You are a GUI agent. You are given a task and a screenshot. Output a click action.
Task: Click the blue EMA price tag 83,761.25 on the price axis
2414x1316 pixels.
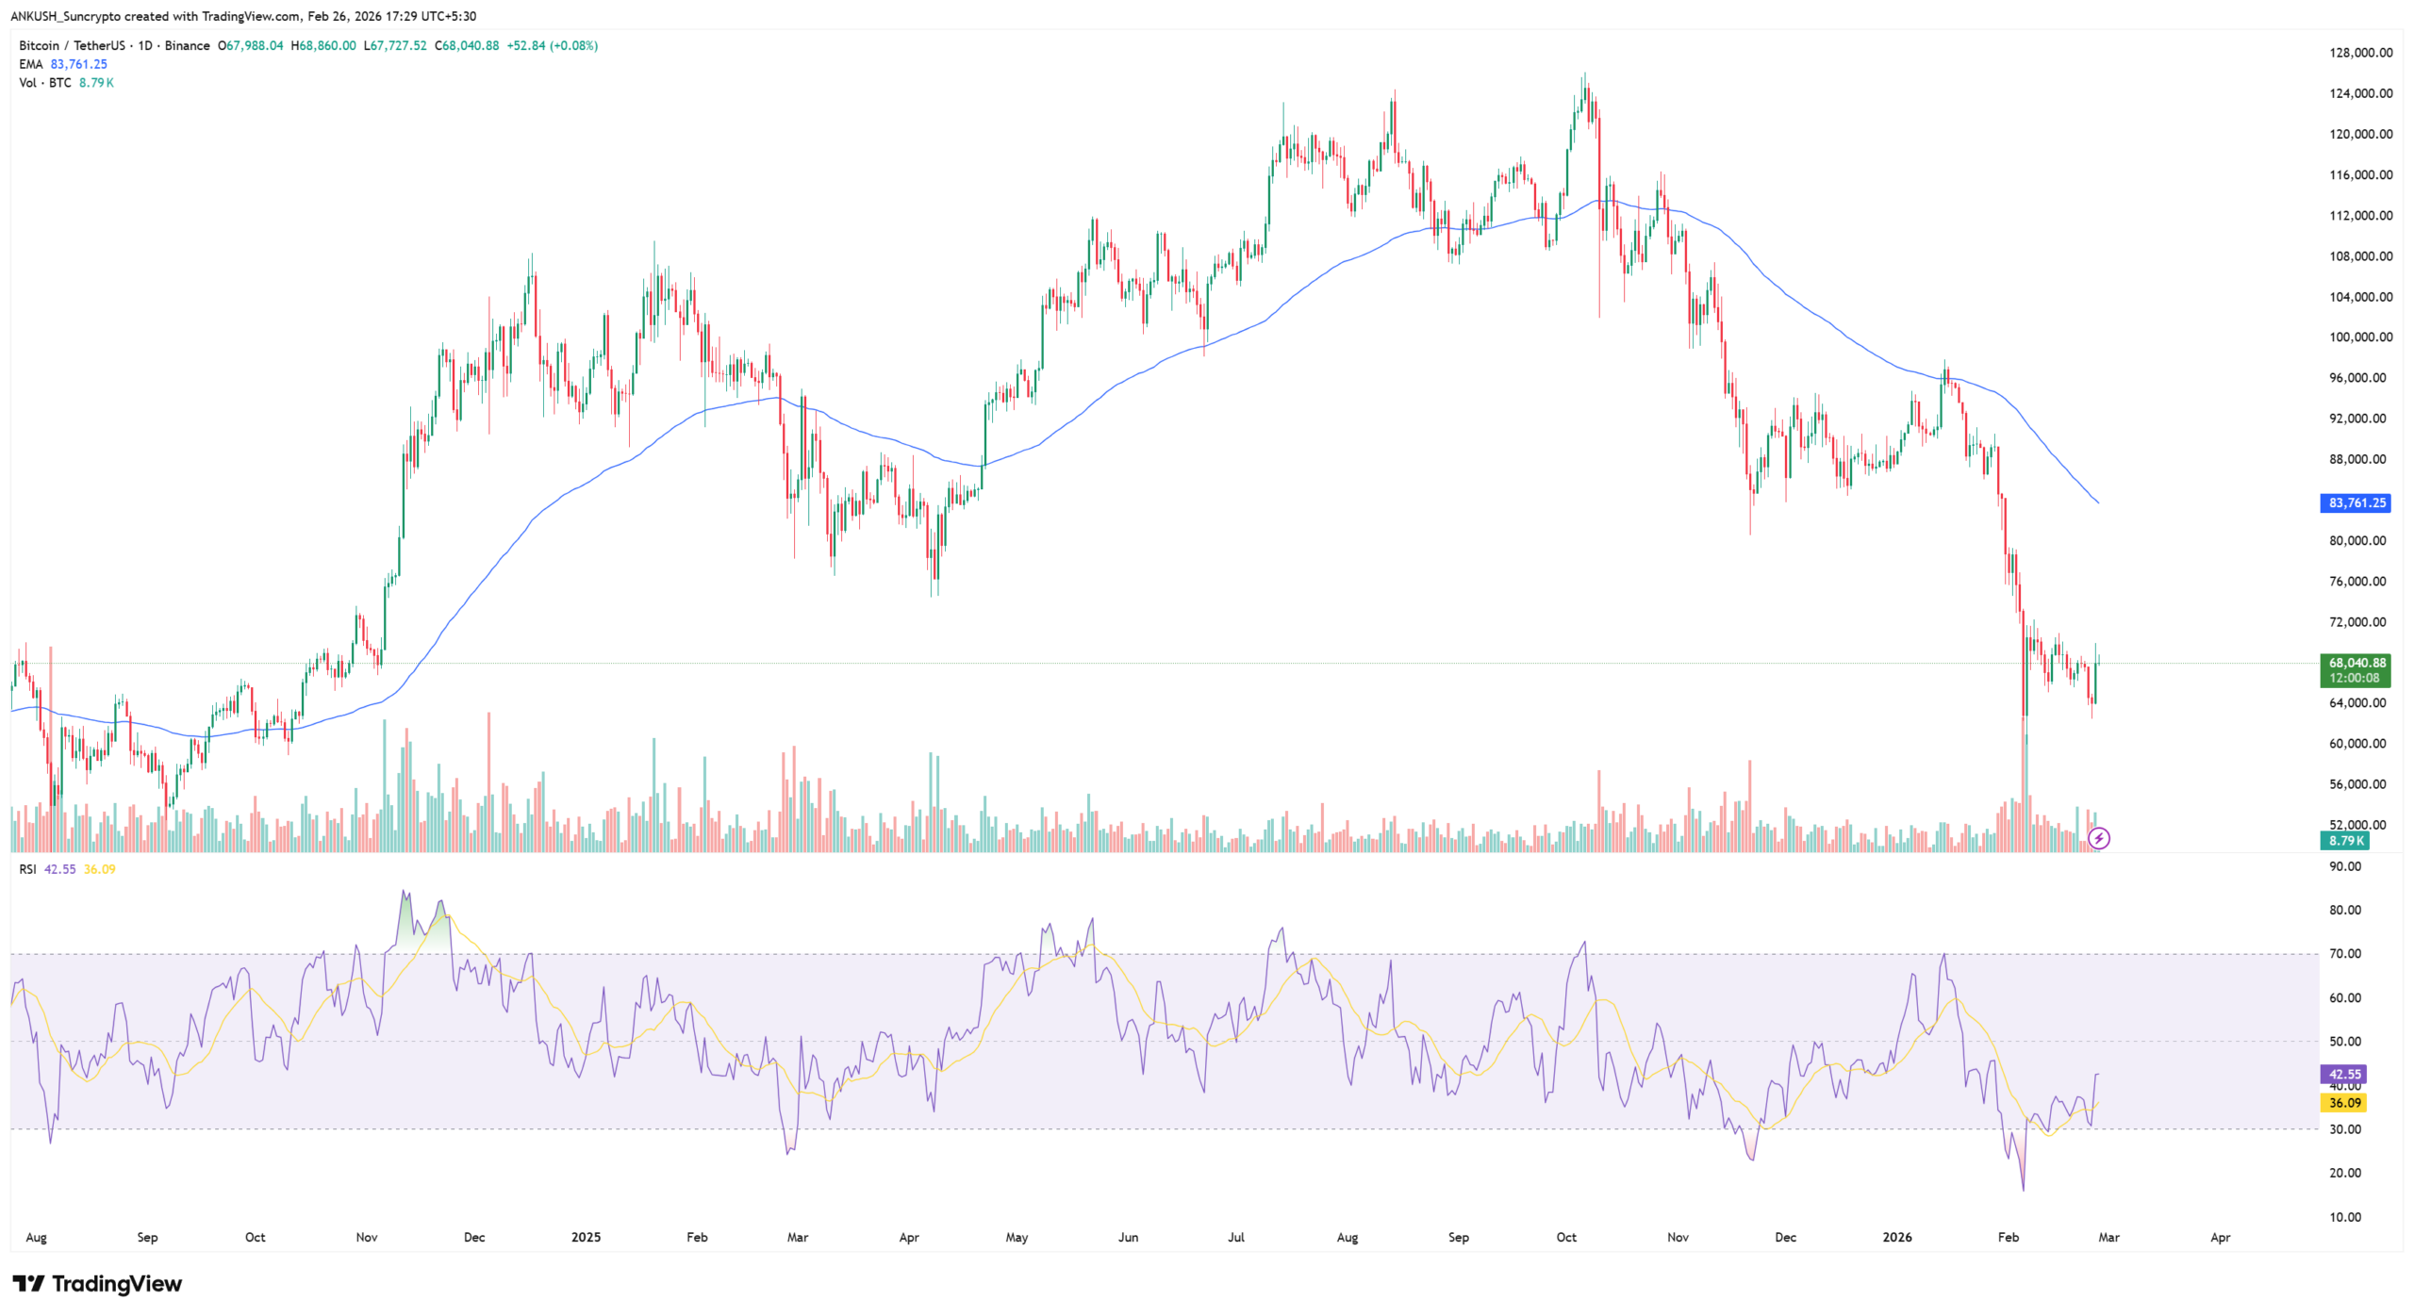pyautogui.click(x=2355, y=503)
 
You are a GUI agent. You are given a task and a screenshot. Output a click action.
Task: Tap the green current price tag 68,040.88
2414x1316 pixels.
pyautogui.click(x=2355, y=663)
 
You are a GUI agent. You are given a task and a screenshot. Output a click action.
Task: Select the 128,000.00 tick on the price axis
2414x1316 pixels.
pyautogui.click(x=2360, y=53)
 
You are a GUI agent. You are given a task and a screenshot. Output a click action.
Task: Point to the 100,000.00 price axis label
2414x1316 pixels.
pyautogui.click(x=2360, y=337)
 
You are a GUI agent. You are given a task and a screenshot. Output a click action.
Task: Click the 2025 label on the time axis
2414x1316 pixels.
pyautogui.click(x=586, y=1237)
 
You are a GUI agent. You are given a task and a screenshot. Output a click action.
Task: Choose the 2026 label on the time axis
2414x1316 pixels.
pyautogui.click(x=1896, y=1237)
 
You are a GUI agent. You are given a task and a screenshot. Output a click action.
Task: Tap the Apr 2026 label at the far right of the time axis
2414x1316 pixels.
pyautogui.click(x=2220, y=1237)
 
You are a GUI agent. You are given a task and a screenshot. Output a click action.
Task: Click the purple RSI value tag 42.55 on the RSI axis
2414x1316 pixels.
pyautogui.click(x=2344, y=1074)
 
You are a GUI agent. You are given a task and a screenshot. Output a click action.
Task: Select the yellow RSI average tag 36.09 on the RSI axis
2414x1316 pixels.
pyautogui.click(x=2344, y=1102)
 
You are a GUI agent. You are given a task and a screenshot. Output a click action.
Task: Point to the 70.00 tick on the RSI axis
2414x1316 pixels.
pyautogui.click(x=2344, y=954)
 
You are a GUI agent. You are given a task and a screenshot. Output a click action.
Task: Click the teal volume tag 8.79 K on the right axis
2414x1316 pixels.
pyautogui.click(x=2345, y=841)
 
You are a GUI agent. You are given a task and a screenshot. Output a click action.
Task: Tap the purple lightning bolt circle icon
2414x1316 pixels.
pyautogui.click(x=2099, y=838)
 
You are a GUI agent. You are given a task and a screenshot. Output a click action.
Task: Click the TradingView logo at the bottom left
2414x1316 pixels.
pyautogui.click(x=97, y=1284)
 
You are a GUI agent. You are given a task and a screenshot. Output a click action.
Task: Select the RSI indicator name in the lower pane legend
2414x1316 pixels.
pyautogui.click(x=27, y=869)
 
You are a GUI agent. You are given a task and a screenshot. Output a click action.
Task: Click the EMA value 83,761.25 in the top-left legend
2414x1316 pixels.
pyautogui.click(x=79, y=64)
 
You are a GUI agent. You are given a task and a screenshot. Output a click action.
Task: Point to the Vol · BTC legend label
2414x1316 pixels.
pyautogui.click(x=45, y=83)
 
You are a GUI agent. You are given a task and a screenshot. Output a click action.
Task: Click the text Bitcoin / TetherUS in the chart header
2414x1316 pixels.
pyautogui.click(x=72, y=45)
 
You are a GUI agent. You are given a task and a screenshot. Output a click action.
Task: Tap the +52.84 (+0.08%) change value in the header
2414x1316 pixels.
pyautogui.click(x=552, y=45)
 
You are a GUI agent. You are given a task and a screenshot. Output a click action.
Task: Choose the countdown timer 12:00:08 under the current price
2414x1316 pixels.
pyautogui.click(x=2355, y=678)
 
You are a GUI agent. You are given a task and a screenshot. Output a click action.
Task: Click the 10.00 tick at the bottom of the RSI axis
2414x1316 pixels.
pyautogui.click(x=2344, y=1217)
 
